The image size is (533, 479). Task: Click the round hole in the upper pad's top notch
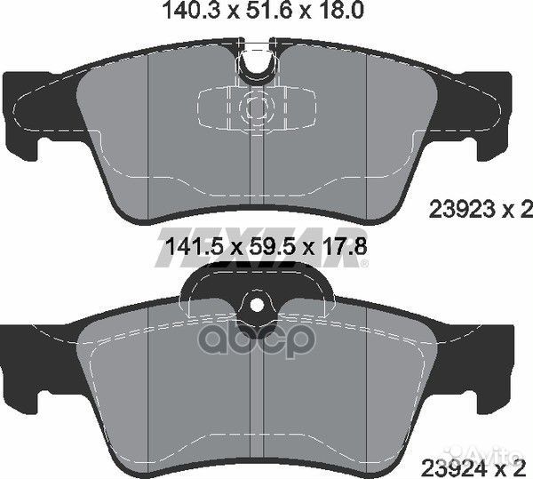click(x=259, y=65)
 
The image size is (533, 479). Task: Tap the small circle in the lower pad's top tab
click(x=258, y=304)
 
